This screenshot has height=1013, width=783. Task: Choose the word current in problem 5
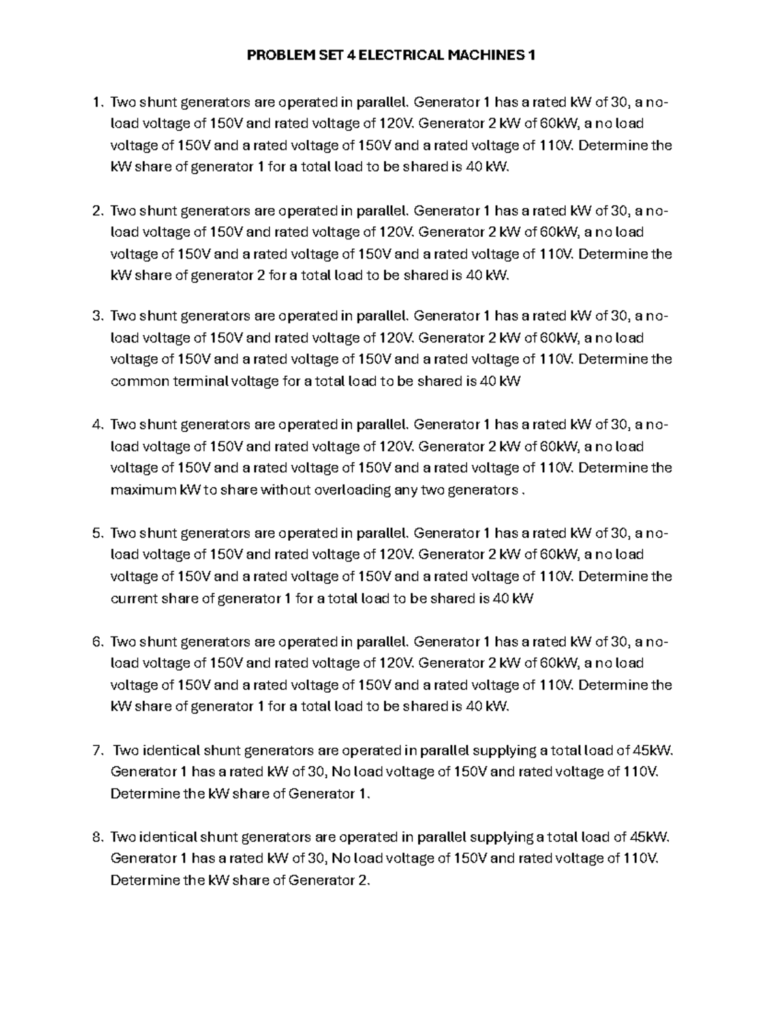(x=134, y=599)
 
